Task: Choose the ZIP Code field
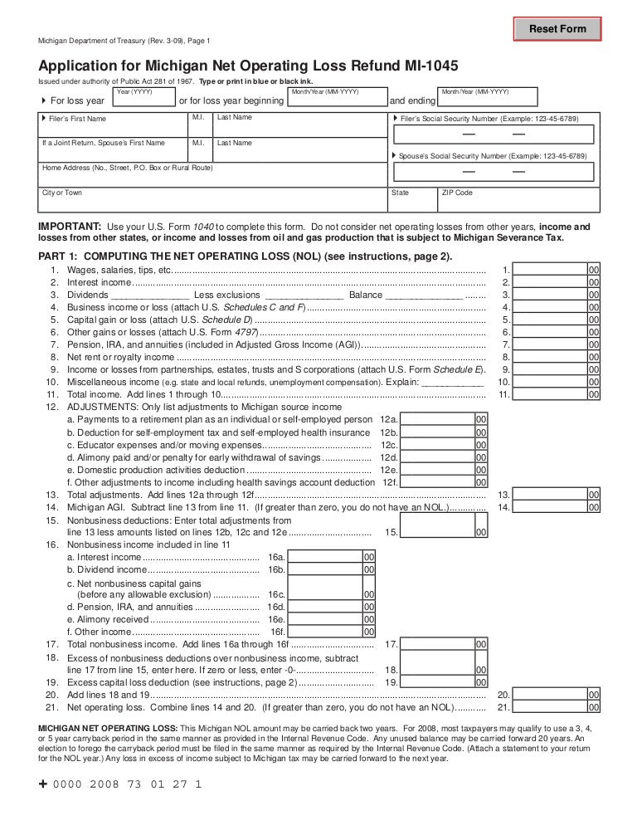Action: click(518, 200)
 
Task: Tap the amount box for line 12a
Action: click(437, 420)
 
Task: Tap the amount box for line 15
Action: click(437, 532)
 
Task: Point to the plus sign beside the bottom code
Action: click(43, 783)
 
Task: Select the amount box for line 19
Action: click(437, 682)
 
